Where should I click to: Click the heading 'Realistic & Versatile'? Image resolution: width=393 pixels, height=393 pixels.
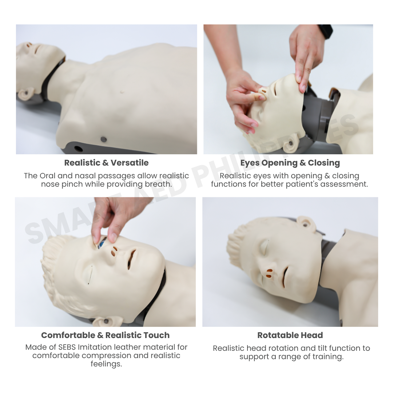(106, 163)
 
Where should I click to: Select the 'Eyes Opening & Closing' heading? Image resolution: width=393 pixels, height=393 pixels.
(290, 163)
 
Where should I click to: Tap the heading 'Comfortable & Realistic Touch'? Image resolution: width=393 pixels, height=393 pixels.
(105, 335)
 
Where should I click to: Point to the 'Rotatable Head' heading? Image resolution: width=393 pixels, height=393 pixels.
(290, 335)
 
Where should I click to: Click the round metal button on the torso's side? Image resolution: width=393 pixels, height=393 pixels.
(103, 139)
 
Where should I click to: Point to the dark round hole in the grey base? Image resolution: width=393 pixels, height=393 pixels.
(78, 148)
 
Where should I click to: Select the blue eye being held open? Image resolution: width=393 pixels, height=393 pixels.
(103, 242)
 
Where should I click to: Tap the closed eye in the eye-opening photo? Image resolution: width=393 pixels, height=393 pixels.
(89, 275)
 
